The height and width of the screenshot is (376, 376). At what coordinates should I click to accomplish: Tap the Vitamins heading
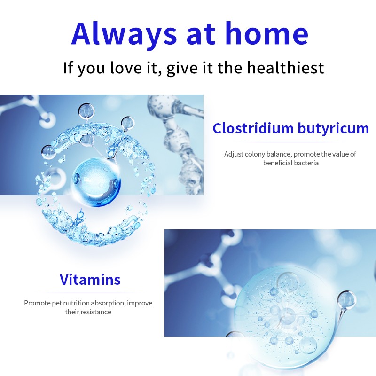(90, 280)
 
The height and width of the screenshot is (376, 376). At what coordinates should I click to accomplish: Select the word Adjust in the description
(234, 154)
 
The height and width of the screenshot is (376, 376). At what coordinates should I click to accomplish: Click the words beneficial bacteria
(290, 163)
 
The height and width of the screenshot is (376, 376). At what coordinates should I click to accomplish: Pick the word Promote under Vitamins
(37, 303)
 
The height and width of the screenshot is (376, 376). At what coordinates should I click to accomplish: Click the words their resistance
(88, 312)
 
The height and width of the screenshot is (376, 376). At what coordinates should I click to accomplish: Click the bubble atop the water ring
(86, 111)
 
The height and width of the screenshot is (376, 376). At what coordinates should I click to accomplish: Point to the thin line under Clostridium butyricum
(290, 142)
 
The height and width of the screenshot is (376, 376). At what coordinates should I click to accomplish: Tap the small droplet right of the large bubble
(347, 299)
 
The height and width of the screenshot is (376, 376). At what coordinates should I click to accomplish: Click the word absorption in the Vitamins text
(108, 303)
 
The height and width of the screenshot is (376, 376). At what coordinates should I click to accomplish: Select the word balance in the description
(280, 154)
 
